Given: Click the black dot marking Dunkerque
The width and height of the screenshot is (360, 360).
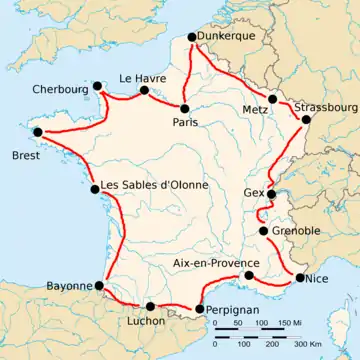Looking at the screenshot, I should [x=192, y=40].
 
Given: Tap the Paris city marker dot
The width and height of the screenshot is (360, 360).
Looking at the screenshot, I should [x=185, y=107].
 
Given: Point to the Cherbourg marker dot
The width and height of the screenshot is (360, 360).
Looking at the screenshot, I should [x=96, y=87].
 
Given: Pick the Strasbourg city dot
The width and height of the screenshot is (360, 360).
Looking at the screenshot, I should [x=305, y=120].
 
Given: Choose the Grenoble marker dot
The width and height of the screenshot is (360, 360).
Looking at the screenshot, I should [x=263, y=232].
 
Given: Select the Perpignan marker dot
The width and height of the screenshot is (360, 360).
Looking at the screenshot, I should [x=199, y=309].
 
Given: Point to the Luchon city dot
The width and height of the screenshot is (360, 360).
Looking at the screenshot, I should [x=150, y=307].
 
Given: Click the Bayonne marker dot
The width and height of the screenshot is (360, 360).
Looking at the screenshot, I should [x=99, y=285].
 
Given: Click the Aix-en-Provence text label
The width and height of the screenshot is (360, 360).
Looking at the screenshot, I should [x=208, y=263].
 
